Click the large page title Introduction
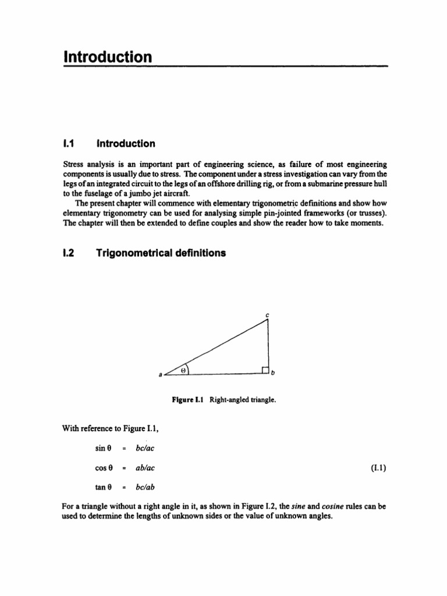(107, 57)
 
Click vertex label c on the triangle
(267, 315)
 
